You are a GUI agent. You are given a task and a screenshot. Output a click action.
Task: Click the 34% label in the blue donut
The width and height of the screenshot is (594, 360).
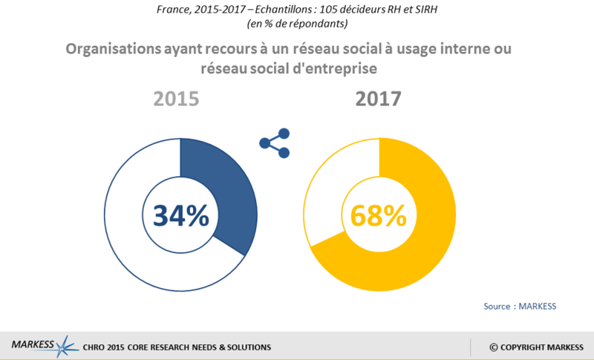(181, 215)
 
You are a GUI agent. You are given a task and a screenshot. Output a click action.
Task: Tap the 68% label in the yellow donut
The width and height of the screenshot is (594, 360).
(379, 215)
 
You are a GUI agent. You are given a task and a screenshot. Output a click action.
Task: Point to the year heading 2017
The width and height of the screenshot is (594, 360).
(379, 99)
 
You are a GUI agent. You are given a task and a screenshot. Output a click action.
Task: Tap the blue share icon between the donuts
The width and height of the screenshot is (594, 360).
(275, 143)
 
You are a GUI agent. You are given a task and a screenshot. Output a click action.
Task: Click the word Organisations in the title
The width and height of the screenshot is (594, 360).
(110, 50)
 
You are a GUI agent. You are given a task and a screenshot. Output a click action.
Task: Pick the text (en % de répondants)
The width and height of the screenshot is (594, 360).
(297, 24)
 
